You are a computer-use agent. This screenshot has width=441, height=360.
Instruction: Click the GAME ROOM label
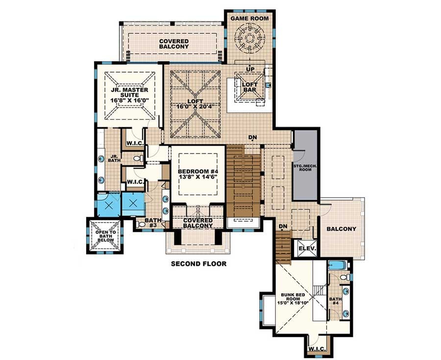pyautogui.click(x=250, y=18)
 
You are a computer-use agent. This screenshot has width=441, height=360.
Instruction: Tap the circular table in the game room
pyautogui.click(x=250, y=38)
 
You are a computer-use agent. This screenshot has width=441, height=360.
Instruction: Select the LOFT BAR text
pyautogui.click(x=250, y=87)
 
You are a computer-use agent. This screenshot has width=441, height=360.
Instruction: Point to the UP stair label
pyautogui.click(x=250, y=69)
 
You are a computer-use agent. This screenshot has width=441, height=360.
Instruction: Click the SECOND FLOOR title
pyautogui.click(x=198, y=264)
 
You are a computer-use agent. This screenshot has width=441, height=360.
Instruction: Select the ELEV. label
pyautogui.click(x=307, y=249)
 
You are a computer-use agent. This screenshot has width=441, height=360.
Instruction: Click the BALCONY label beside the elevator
pyautogui.click(x=342, y=229)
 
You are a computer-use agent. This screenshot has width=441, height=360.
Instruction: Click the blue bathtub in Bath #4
pyautogui.click(x=338, y=267)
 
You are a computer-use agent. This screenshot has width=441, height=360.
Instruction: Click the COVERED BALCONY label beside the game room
pyautogui.click(x=173, y=43)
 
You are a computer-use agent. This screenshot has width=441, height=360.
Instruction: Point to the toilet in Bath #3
pyautogui.click(x=142, y=224)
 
